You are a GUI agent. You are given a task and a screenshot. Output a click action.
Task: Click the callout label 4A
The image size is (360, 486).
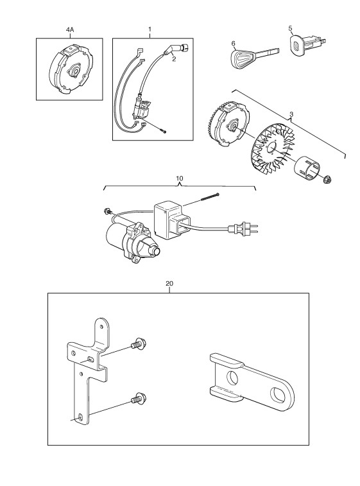coord(70,30)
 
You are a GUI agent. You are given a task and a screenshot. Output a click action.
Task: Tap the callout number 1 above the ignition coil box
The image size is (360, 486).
coord(150,30)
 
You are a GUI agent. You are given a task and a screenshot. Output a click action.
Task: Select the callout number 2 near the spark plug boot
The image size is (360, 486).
coord(174,59)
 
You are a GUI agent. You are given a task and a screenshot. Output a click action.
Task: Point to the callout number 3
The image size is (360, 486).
coord(291,114)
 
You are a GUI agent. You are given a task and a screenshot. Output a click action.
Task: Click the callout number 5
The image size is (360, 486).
coord(290,28)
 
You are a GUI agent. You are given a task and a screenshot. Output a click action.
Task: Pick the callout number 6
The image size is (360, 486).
coord(234,44)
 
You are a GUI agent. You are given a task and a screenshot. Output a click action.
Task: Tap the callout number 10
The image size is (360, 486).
coord(180,178)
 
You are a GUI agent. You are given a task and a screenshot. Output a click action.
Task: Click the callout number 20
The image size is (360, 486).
coord(169,283)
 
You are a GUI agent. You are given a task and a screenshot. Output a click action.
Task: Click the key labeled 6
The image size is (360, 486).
coord(255,56)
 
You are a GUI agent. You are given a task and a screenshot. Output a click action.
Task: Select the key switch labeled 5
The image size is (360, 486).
coord(307,46)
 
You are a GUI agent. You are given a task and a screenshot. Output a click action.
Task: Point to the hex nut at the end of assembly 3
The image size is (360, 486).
coord(326,179)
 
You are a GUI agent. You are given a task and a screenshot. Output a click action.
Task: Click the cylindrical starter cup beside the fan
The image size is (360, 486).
coord(308,168)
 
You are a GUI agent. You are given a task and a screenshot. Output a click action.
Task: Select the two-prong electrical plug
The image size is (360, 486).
coord(243,230)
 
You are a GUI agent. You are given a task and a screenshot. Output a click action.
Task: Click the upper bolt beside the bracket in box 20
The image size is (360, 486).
coord(138,344)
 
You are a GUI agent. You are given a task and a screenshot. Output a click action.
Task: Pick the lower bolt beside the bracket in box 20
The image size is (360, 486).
coord(139,399)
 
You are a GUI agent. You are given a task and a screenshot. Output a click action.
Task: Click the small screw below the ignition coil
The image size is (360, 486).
coord(164,132)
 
